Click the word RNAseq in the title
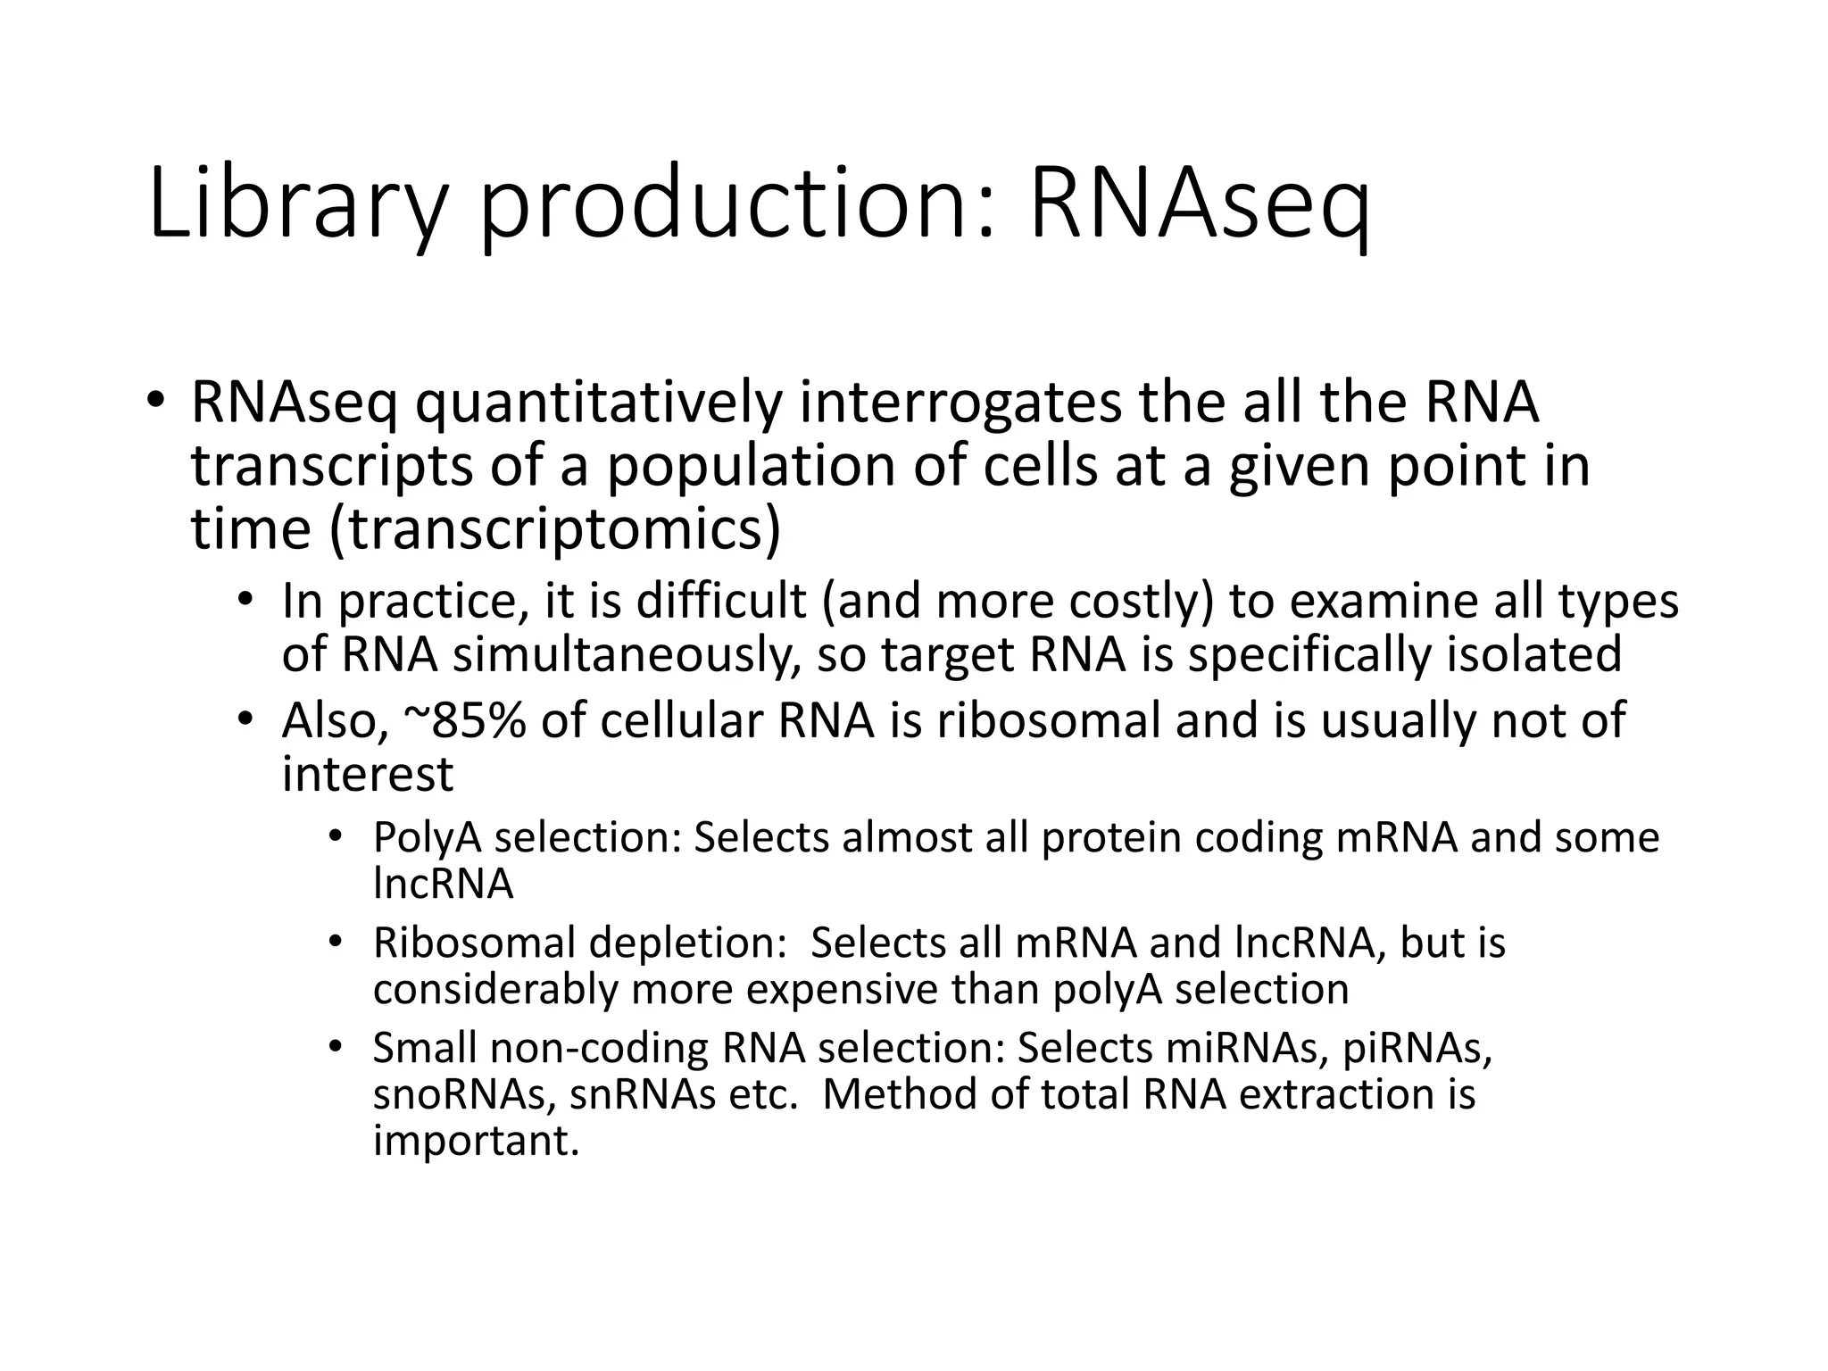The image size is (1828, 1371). (x=1199, y=204)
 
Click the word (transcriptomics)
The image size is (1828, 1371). (x=555, y=529)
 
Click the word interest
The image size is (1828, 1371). (x=368, y=773)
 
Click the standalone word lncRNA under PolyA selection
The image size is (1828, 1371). (x=443, y=884)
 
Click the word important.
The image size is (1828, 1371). (x=476, y=1141)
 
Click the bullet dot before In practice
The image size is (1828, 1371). (x=244, y=599)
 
